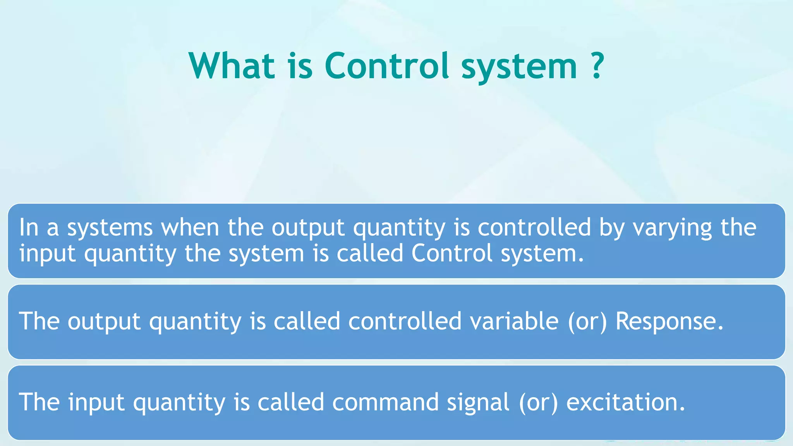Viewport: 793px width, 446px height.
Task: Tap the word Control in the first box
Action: click(452, 253)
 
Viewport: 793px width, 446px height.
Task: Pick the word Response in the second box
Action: click(669, 322)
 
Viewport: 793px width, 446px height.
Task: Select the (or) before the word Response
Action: click(587, 322)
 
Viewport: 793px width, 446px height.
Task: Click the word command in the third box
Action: click(385, 402)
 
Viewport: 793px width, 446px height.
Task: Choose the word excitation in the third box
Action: click(625, 402)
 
